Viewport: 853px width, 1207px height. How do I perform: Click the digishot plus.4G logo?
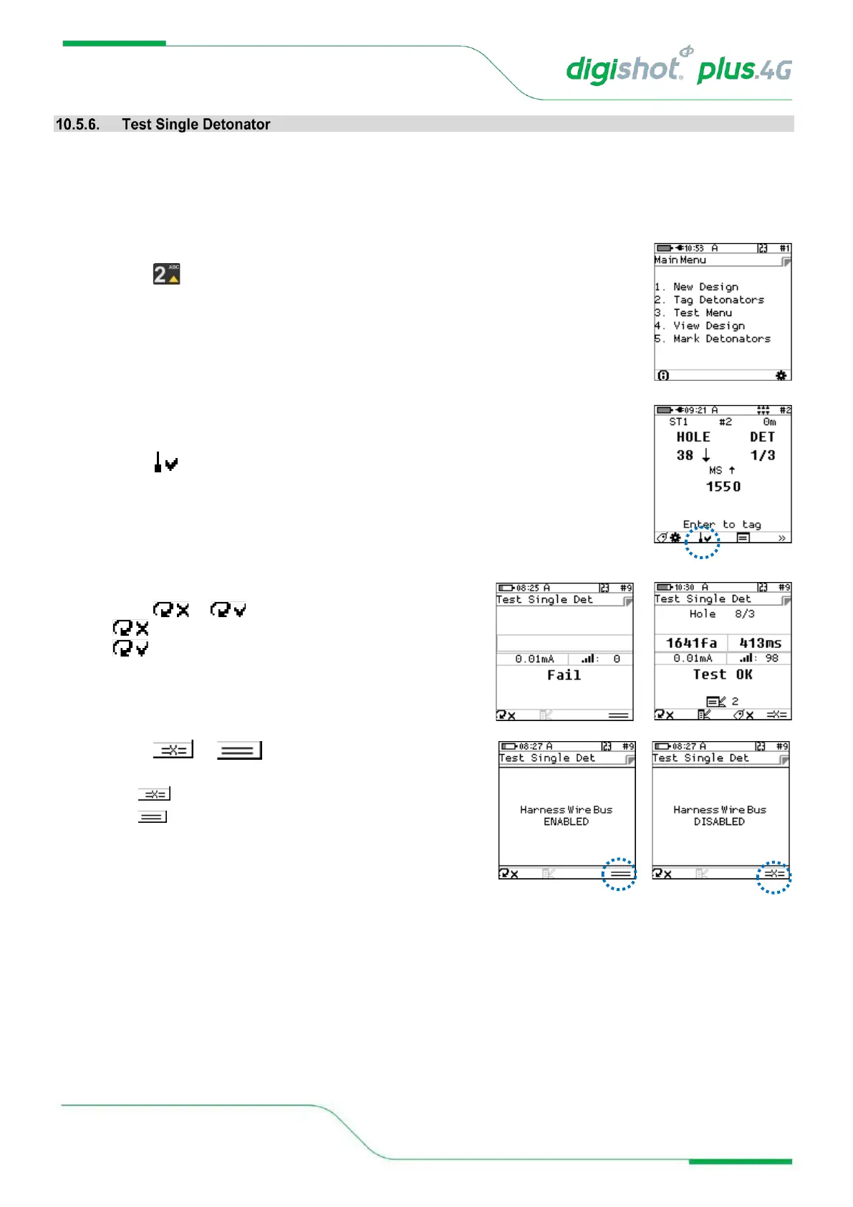[678, 69]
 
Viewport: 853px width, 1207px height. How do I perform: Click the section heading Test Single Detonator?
[196, 125]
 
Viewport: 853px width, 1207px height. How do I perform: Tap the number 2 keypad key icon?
[166, 274]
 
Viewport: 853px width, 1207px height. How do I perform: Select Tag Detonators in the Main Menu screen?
[718, 300]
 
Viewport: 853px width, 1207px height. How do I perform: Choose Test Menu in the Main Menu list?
[702, 313]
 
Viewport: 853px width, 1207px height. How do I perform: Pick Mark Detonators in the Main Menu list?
[721, 338]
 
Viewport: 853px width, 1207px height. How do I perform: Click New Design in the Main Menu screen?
[705, 287]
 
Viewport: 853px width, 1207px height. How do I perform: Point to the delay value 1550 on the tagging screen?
[723, 487]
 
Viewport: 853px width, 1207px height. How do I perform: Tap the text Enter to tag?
[721, 525]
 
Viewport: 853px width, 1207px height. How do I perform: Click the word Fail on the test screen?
[564, 675]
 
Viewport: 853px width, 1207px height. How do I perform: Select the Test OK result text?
[722, 674]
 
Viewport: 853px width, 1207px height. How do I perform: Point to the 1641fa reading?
[691, 643]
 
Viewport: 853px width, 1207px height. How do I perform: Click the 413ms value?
[760, 643]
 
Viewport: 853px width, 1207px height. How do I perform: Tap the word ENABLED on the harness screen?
[566, 821]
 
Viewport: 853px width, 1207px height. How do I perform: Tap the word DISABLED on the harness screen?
[719, 821]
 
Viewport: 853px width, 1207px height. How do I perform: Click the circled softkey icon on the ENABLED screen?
[620, 874]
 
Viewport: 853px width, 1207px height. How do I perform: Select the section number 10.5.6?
[77, 125]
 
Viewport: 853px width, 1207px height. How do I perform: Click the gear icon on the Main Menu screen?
[781, 376]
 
